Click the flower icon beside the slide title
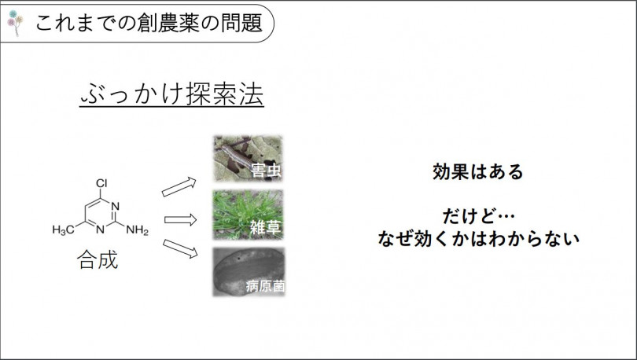pyautogui.click(x=15, y=22)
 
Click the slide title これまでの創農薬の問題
pyautogui.click(x=149, y=23)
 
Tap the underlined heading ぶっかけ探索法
pyautogui.click(x=172, y=94)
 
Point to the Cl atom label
pyautogui.click(x=101, y=183)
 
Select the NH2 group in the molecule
pyautogui.click(x=138, y=230)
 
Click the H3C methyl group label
pyautogui.click(x=64, y=230)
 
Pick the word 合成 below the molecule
pyautogui.click(x=98, y=259)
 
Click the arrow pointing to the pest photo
pyautogui.click(x=179, y=187)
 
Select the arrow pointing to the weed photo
pyautogui.click(x=180, y=220)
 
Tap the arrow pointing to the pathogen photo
pyautogui.click(x=180, y=248)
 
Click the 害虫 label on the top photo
pyautogui.click(x=266, y=171)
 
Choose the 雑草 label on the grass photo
pyautogui.click(x=266, y=227)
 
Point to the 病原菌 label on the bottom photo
pyautogui.click(x=265, y=286)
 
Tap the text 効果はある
pyautogui.click(x=478, y=171)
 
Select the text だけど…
pyautogui.click(x=479, y=216)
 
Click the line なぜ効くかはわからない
pyautogui.click(x=479, y=239)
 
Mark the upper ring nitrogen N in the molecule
pyautogui.click(x=116, y=206)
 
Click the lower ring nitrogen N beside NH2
pyautogui.click(x=101, y=230)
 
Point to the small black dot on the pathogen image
pyautogui.click(x=239, y=258)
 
